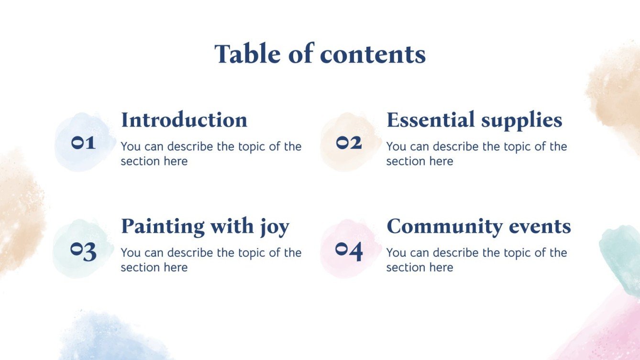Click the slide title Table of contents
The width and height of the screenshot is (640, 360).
[x=320, y=54]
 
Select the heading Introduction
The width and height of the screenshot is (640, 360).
[x=184, y=120]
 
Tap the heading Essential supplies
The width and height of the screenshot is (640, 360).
[x=474, y=120]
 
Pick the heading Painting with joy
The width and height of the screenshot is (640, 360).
[x=205, y=226]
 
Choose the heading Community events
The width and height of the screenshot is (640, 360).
[x=478, y=226]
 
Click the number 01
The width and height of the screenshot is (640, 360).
[x=84, y=142]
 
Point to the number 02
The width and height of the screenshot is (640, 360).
[x=349, y=142]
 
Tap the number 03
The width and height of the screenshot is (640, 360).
[x=84, y=251]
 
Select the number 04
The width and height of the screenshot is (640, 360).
[x=349, y=251]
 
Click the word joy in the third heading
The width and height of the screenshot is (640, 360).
[x=275, y=227]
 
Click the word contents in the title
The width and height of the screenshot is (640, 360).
[x=373, y=54]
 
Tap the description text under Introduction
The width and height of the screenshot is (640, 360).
[x=210, y=153]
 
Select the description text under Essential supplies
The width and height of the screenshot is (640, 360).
[x=476, y=153]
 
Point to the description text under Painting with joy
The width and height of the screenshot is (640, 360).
[x=210, y=260]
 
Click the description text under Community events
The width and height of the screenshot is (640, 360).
[x=476, y=260]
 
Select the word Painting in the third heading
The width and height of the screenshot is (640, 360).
[x=161, y=226]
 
